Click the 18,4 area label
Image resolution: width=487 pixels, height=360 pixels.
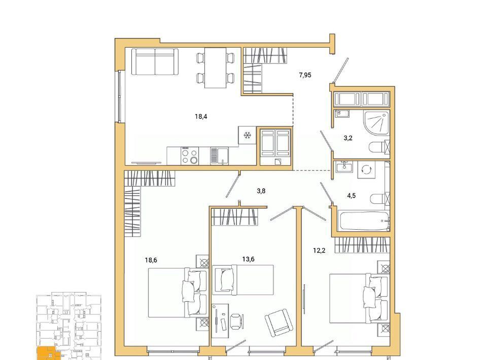(x=201, y=117)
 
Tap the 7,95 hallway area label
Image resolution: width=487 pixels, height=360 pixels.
(x=305, y=75)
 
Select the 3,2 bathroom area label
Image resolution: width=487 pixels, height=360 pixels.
(x=348, y=138)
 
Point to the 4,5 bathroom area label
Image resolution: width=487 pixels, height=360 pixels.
(x=351, y=196)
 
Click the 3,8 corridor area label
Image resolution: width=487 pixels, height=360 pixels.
(x=261, y=191)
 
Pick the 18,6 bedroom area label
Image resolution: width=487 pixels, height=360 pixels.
(x=151, y=260)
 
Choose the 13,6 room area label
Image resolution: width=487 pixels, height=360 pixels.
(x=248, y=259)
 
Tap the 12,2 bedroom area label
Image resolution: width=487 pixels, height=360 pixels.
(x=319, y=251)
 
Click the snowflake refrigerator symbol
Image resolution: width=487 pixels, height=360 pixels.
(x=247, y=135)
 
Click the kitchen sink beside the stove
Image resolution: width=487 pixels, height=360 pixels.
(x=219, y=156)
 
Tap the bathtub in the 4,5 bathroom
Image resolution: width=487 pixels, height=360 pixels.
(x=365, y=221)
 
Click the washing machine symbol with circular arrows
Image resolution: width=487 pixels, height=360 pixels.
(x=366, y=170)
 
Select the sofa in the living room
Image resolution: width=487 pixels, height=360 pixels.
(x=155, y=61)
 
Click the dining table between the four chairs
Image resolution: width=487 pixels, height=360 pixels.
(x=215, y=67)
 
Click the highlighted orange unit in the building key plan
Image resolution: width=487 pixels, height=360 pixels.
(x=47, y=353)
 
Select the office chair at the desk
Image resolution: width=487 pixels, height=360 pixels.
(x=237, y=320)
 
